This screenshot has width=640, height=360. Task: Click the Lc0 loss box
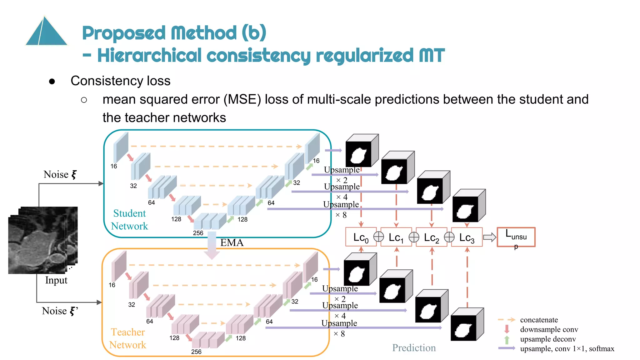coord(361,237)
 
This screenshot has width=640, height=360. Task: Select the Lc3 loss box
coord(467,237)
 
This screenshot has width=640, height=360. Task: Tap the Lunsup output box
coord(516,237)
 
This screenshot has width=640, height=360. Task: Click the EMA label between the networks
coord(232,243)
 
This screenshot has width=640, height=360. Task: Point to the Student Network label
coord(129,220)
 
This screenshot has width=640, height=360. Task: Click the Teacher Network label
coord(127,338)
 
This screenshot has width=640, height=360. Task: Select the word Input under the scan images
coord(56,280)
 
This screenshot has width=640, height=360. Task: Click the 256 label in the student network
coord(198,233)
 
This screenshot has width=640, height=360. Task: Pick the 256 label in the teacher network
coord(196,352)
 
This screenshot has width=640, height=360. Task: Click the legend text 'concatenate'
coord(539,320)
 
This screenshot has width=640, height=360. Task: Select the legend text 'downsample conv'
coord(549,330)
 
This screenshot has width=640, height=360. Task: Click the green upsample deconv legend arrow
coord(507,339)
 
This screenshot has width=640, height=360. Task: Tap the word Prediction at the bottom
coord(414,348)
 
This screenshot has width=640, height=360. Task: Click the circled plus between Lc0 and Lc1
coord(379,237)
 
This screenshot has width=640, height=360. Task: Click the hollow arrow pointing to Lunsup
coord(489,237)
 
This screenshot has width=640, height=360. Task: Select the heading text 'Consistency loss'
coord(120,81)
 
